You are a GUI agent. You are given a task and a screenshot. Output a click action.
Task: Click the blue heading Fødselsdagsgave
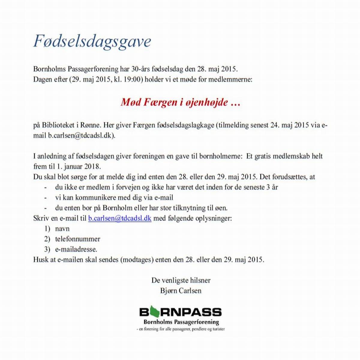pyautogui.click(x=92, y=41)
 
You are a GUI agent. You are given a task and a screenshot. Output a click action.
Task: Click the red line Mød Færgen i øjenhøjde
pyautogui.click(x=180, y=102)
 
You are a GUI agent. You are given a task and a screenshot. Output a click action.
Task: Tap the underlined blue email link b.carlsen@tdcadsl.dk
pyautogui.click(x=119, y=218)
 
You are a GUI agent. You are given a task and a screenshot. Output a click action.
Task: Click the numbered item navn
pyautogui.click(x=62, y=229)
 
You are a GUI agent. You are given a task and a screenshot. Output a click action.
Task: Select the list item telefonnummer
pyautogui.click(x=77, y=239)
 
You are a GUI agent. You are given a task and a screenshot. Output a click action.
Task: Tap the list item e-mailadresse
pyautogui.click(x=76, y=249)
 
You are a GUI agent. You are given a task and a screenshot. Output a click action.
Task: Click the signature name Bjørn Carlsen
pyautogui.click(x=181, y=290)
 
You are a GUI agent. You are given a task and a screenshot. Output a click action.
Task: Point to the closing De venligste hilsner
pyautogui.click(x=181, y=280)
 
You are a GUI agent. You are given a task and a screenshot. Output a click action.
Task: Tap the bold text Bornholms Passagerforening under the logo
pyautogui.click(x=181, y=322)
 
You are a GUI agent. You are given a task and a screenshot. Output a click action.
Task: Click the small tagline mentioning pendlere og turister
pyautogui.click(x=181, y=329)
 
